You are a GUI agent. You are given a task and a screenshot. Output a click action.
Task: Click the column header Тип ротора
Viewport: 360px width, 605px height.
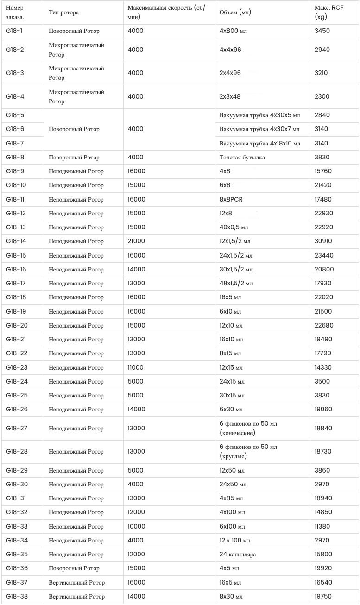coord(63,13)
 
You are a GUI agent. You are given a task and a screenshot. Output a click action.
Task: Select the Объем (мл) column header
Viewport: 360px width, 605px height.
coord(235,13)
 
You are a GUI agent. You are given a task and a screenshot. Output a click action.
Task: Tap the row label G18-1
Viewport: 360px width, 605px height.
coord(14,31)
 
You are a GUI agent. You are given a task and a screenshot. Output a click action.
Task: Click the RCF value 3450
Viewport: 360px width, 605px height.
coord(322,31)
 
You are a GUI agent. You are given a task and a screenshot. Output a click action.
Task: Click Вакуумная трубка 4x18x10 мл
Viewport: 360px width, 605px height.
coord(259,143)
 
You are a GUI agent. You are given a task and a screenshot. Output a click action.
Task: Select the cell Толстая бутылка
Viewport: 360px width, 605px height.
coord(242,158)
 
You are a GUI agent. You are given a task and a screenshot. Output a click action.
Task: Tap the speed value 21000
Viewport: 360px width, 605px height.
coord(136,241)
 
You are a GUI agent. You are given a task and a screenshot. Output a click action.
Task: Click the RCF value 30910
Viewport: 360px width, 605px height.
coord(323,241)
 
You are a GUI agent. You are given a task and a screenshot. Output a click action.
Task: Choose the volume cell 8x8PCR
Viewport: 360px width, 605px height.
coord(231,200)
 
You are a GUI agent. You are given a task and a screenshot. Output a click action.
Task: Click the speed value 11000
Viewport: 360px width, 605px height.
coord(135,368)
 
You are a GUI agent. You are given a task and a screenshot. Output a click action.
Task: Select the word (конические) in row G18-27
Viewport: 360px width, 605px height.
coord(237,433)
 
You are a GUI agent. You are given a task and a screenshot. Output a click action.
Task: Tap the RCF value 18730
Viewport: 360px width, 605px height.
coord(323,452)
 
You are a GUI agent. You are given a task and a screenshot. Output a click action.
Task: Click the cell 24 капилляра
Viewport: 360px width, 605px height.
coord(238,555)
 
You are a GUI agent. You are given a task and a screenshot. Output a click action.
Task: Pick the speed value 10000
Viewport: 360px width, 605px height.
coord(136,527)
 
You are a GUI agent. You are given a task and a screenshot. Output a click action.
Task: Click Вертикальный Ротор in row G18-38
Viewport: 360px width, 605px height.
coord(76,597)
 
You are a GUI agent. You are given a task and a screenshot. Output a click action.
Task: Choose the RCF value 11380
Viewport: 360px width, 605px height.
coord(322,527)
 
